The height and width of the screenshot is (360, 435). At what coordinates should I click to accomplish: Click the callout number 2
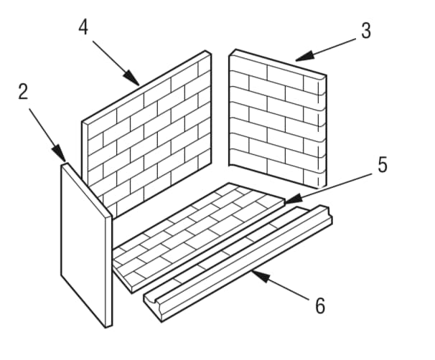tap(23, 92)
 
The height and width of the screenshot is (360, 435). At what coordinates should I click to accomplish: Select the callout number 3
tap(366, 31)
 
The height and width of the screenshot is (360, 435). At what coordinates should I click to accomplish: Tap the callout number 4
tap(83, 27)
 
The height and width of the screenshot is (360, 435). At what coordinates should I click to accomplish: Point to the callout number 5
tap(383, 165)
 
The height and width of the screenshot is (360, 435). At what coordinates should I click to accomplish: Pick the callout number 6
tap(320, 305)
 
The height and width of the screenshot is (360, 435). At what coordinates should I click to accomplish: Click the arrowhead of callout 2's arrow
tap(60, 154)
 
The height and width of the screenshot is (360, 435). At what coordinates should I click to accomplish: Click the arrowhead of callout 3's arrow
tap(304, 56)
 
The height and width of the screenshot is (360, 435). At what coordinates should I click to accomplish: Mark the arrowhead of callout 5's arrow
tap(293, 199)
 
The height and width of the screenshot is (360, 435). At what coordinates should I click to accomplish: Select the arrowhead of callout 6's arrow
tap(261, 276)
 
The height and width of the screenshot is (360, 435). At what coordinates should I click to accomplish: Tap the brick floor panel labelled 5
tap(200, 237)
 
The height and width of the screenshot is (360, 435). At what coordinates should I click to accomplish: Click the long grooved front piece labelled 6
tap(238, 263)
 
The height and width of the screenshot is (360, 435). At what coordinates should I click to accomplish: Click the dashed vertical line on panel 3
tap(319, 133)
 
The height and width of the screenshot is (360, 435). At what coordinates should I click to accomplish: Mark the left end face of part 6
tap(153, 308)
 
